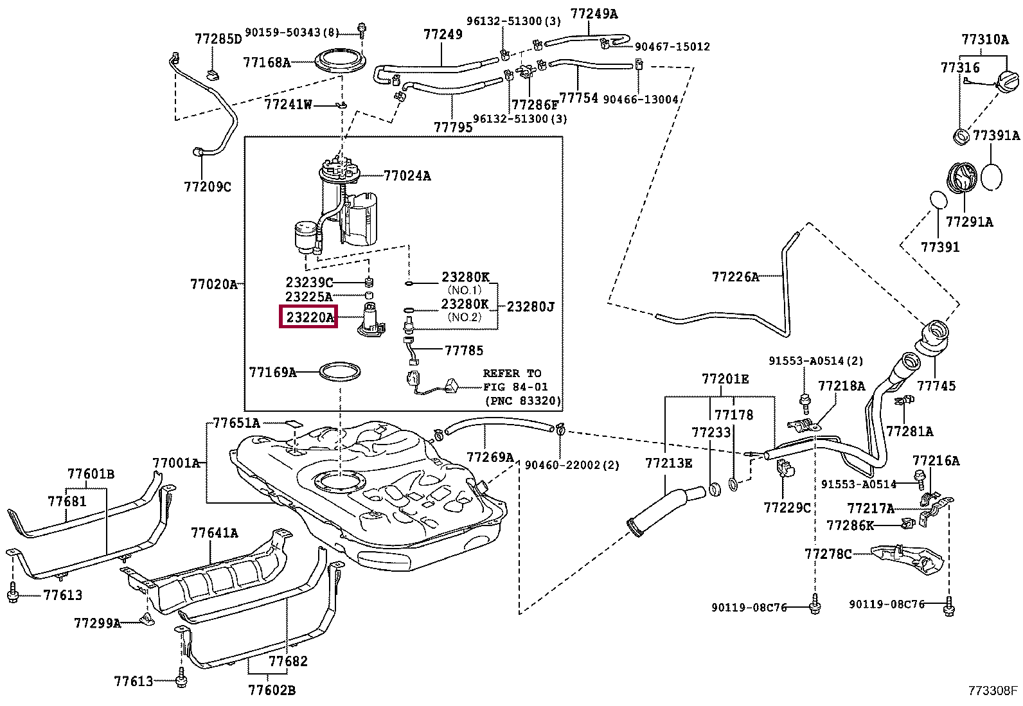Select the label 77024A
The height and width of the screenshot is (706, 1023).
pos(407,175)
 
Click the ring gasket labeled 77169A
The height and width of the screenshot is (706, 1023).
pos(340,372)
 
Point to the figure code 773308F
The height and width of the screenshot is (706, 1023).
pos(993,691)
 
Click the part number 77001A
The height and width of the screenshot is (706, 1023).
pos(176,463)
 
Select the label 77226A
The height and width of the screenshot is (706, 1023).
pos(735,277)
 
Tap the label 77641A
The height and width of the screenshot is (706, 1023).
pos(215,533)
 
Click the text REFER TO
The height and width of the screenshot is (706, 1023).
pos(512,373)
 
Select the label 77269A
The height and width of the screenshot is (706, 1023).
pos(490,457)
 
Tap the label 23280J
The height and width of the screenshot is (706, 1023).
pos(530,307)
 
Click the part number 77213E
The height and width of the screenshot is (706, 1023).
pos(668,463)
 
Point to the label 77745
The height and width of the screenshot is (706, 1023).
pos(936,386)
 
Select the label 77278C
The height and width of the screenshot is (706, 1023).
pos(828,553)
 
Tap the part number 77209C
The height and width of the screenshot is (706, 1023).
pos(207,187)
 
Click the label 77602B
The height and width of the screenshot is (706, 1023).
pos(272,690)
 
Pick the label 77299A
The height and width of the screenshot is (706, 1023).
pos(97,622)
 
